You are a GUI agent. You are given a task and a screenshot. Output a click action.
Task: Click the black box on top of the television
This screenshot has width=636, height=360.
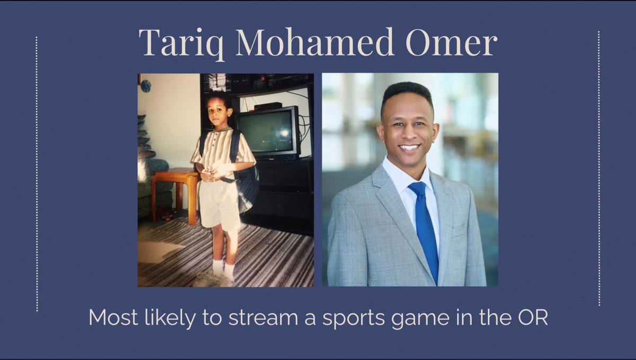[x=268, y=106]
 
